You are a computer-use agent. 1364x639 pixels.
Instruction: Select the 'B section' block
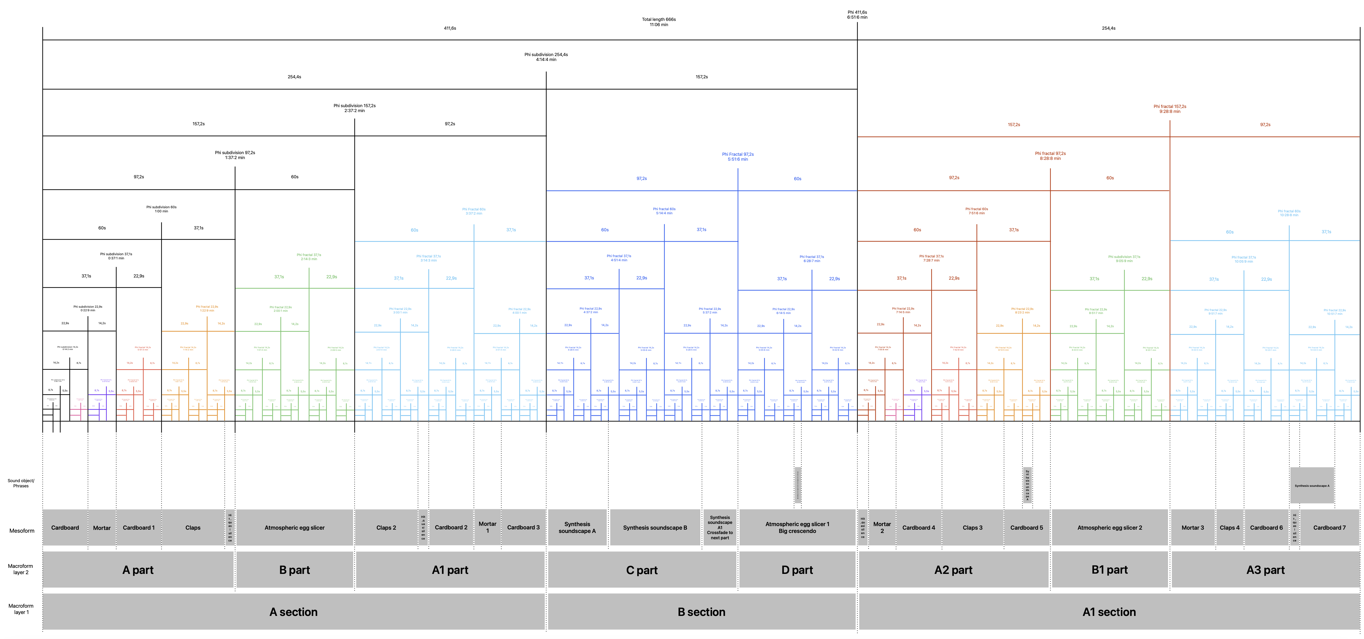(x=701, y=612)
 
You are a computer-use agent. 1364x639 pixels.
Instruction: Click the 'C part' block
(x=642, y=570)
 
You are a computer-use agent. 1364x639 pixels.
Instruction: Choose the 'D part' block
(x=797, y=570)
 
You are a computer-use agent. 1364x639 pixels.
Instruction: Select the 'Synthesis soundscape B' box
(x=655, y=528)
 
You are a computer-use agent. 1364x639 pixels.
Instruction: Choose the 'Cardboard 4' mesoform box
(x=919, y=528)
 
